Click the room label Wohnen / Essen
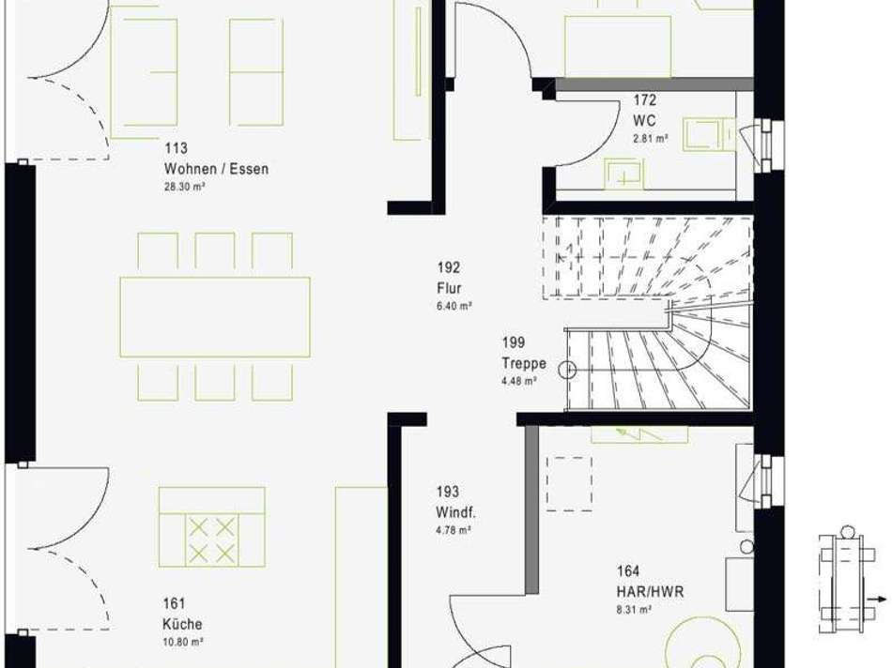click(216, 169)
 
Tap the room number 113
click(176, 148)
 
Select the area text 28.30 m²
click(185, 187)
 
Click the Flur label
click(449, 288)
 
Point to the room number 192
click(448, 267)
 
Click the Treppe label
click(524, 363)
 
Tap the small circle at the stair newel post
click(568, 371)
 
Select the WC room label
click(644, 120)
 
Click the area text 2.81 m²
click(651, 138)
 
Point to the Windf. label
click(455, 512)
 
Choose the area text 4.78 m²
click(454, 530)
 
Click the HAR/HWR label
click(651, 591)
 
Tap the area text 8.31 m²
click(635, 610)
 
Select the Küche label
click(182, 624)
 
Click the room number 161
click(174, 603)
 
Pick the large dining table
click(215, 317)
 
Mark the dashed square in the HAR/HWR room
click(569, 484)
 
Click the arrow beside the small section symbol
click(877, 599)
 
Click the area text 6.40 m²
click(454, 306)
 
